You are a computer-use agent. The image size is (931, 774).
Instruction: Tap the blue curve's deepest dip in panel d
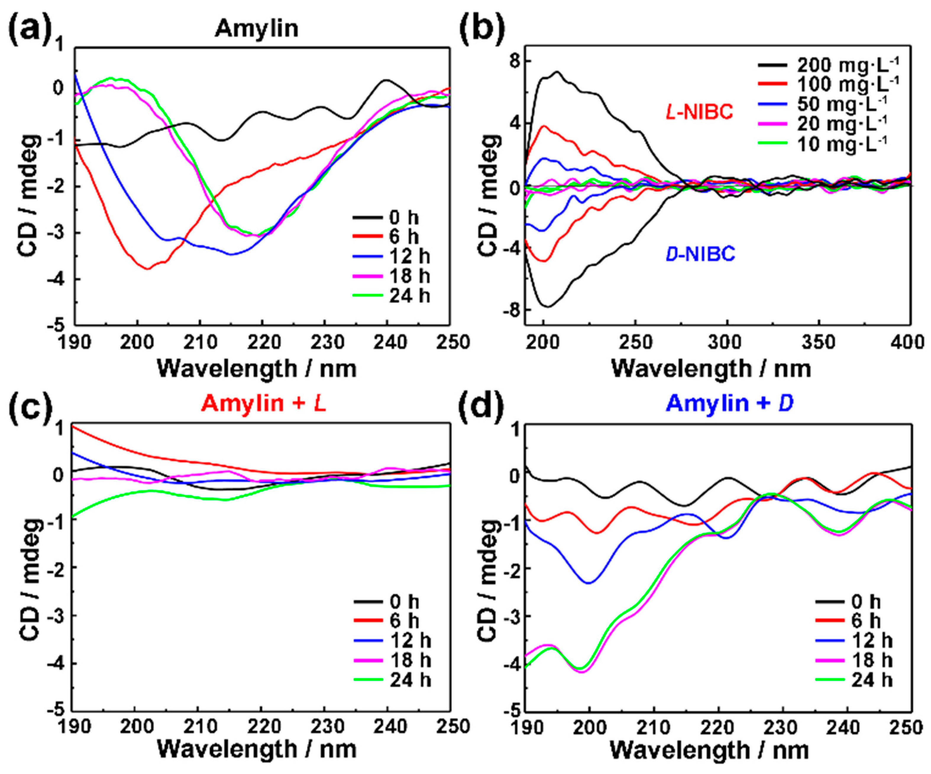(x=588, y=583)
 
